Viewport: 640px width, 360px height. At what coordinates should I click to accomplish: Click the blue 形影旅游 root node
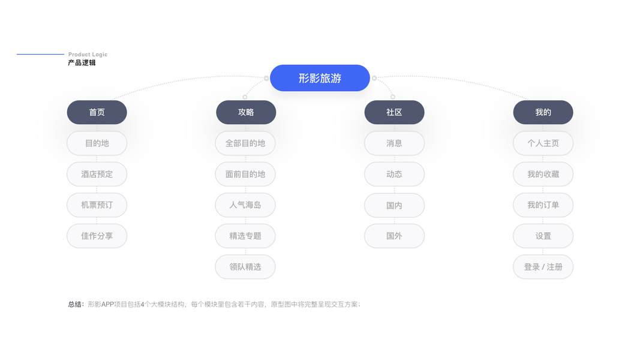tap(320, 78)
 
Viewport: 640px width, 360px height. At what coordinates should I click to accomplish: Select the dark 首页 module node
tap(97, 112)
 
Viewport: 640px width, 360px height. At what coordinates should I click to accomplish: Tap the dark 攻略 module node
tap(246, 112)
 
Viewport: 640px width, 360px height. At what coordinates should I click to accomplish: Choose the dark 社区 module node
tap(394, 112)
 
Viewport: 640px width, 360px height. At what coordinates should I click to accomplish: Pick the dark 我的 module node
tap(543, 112)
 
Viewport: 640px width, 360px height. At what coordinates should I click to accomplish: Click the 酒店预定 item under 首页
tap(97, 174)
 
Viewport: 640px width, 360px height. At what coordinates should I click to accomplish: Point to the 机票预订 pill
tap(97, 205)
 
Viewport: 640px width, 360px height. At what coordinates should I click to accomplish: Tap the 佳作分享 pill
tap(97, 236)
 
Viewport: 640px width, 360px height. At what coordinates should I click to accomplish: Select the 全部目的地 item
tap(245, 143)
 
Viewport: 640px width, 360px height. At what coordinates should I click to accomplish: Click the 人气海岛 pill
tap(245, 205)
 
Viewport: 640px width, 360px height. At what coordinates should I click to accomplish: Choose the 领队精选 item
tap(245, 266)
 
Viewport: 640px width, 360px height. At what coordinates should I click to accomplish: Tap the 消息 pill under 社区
tap(394, 143)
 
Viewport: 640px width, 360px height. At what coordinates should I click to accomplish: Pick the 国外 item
tap(394, 236)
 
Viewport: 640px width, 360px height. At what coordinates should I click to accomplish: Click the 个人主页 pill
tap(543, 143)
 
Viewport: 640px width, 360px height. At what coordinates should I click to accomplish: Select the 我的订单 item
tap(543, 205)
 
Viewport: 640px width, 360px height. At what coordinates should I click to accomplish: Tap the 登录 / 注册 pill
tap(543, 266)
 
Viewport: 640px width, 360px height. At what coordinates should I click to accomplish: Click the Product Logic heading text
tap(88, 55)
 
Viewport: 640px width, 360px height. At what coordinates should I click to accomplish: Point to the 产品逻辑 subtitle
tap(82, 62)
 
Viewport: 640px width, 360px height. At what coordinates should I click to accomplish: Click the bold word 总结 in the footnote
tap(76, 304)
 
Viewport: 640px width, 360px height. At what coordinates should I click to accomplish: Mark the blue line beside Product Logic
tap(40, 55)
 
